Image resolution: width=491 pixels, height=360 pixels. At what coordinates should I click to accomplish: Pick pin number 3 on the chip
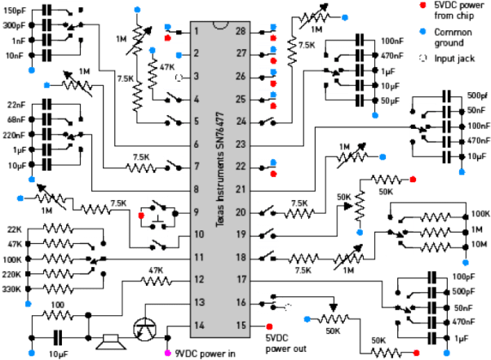[x=197, y=77]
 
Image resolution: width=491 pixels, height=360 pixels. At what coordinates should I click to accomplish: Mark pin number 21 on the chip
[x=241, y=189]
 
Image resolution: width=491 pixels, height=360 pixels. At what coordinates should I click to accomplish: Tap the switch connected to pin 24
[x=268, y=122]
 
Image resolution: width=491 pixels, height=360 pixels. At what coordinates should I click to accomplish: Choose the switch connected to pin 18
[x=268, y=256]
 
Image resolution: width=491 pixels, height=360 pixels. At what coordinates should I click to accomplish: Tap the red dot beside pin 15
[x=259, y=327]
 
